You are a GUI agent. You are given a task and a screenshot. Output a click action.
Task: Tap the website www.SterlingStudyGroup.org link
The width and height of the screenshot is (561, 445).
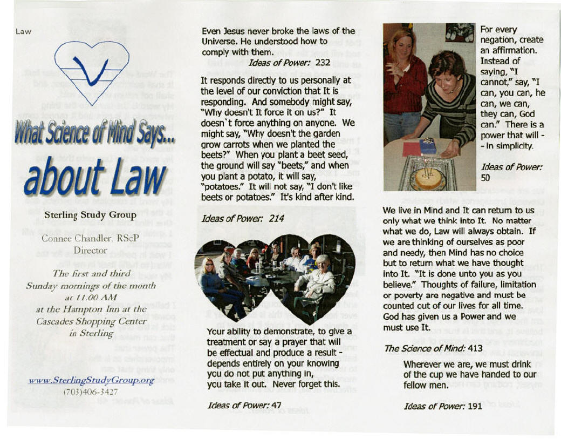tap(92, 380)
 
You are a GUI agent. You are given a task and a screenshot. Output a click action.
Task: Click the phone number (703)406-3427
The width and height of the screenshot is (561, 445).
tap(92, 392)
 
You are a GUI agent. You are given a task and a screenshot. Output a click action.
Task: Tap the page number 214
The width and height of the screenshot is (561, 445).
tap(276, 219)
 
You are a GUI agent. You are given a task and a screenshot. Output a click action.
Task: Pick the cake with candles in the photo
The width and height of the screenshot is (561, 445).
tap(427, 178)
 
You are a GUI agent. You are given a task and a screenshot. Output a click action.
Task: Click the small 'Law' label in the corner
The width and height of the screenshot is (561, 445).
tap(23, 31)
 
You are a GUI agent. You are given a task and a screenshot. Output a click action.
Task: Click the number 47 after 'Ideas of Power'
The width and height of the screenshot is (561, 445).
tap(276, 405)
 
